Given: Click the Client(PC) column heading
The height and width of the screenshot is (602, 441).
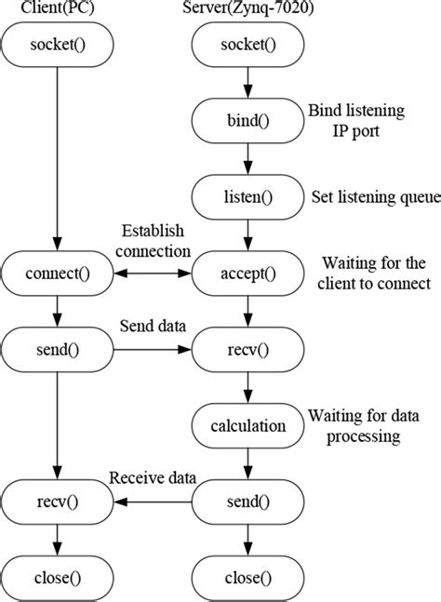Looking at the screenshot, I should pos(57,9).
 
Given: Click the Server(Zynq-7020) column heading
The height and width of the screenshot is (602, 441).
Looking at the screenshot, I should pos(247,9).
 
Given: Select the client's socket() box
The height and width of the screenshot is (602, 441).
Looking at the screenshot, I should pos(58,44).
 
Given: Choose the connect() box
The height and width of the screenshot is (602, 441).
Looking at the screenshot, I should pos(58,274).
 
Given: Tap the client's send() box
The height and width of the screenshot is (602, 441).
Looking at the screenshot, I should pos(58,350).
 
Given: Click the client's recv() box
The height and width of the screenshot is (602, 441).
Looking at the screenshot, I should pos(58,502).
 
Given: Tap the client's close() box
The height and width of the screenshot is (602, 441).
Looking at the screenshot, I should pos(58,578).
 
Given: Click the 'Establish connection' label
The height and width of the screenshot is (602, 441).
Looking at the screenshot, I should pos(154,240).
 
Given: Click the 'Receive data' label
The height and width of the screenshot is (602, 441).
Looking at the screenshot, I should pos(153,478).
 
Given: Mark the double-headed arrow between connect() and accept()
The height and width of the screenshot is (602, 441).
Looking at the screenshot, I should pos(152,274).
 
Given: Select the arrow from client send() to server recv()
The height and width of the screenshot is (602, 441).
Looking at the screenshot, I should pos(152,350).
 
